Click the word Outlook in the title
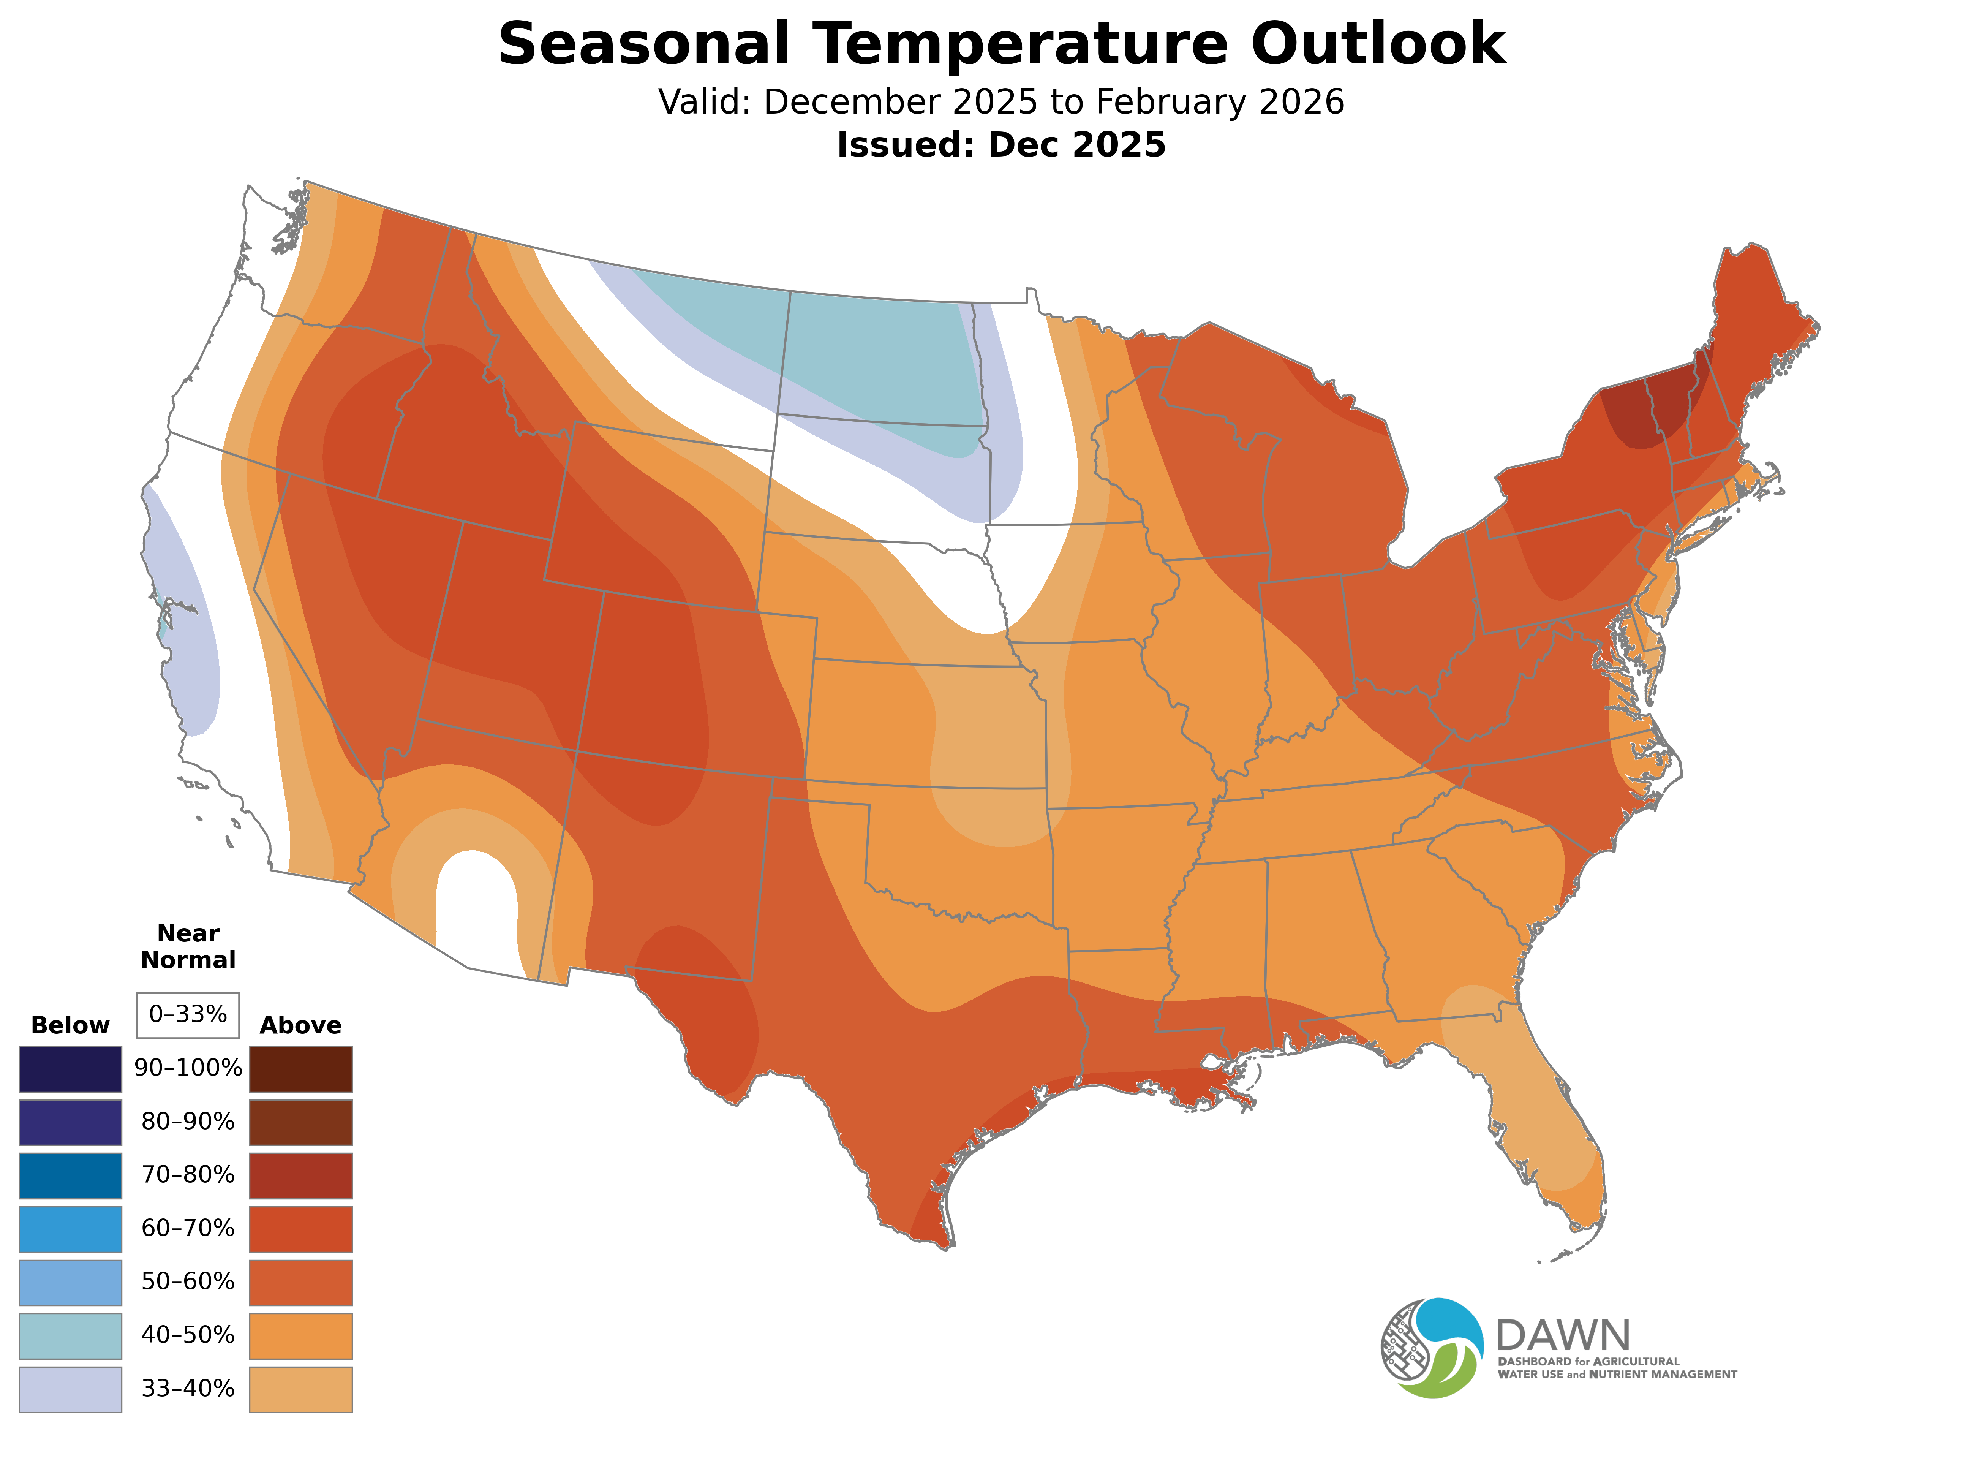pos(1378,44)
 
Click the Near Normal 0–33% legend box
pos(188,1015)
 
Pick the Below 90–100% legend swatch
pos(71,1069)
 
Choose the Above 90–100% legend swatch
pos(301,1069)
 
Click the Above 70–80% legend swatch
pos(301,1175)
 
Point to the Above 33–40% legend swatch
pos(301,1389)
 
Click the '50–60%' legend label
pos(188,1281)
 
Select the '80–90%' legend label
pos(188,1122)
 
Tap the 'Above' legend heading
pos(301,1026)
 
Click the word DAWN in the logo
pos(1562,1335)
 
